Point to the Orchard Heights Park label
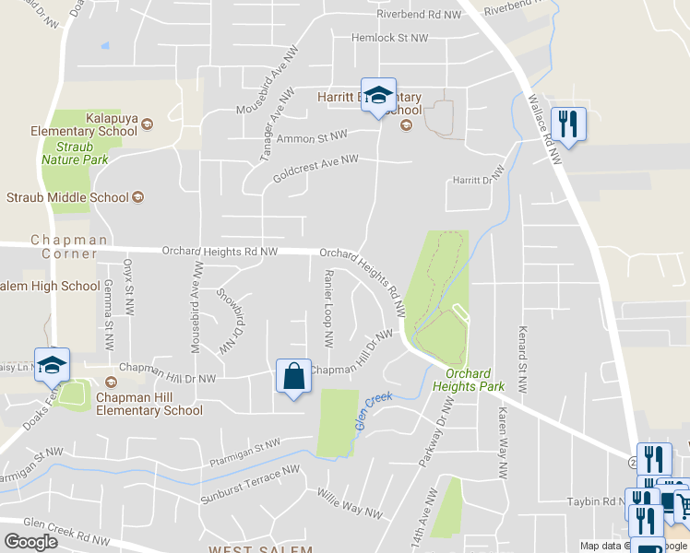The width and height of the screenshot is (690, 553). coord(474,380)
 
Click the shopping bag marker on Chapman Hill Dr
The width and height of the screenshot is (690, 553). coord(293,377)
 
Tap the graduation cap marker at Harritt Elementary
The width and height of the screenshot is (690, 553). coord(377,96)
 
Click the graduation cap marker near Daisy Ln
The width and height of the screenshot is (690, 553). coord(52,365)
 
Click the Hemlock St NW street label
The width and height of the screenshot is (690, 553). coord(390,39)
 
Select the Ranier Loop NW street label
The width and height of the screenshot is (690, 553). coord(328,308)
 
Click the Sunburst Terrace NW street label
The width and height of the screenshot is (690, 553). coord(251,485)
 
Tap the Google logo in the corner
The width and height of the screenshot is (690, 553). coord(30,542)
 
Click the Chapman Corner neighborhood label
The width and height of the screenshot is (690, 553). coord(63,247)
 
